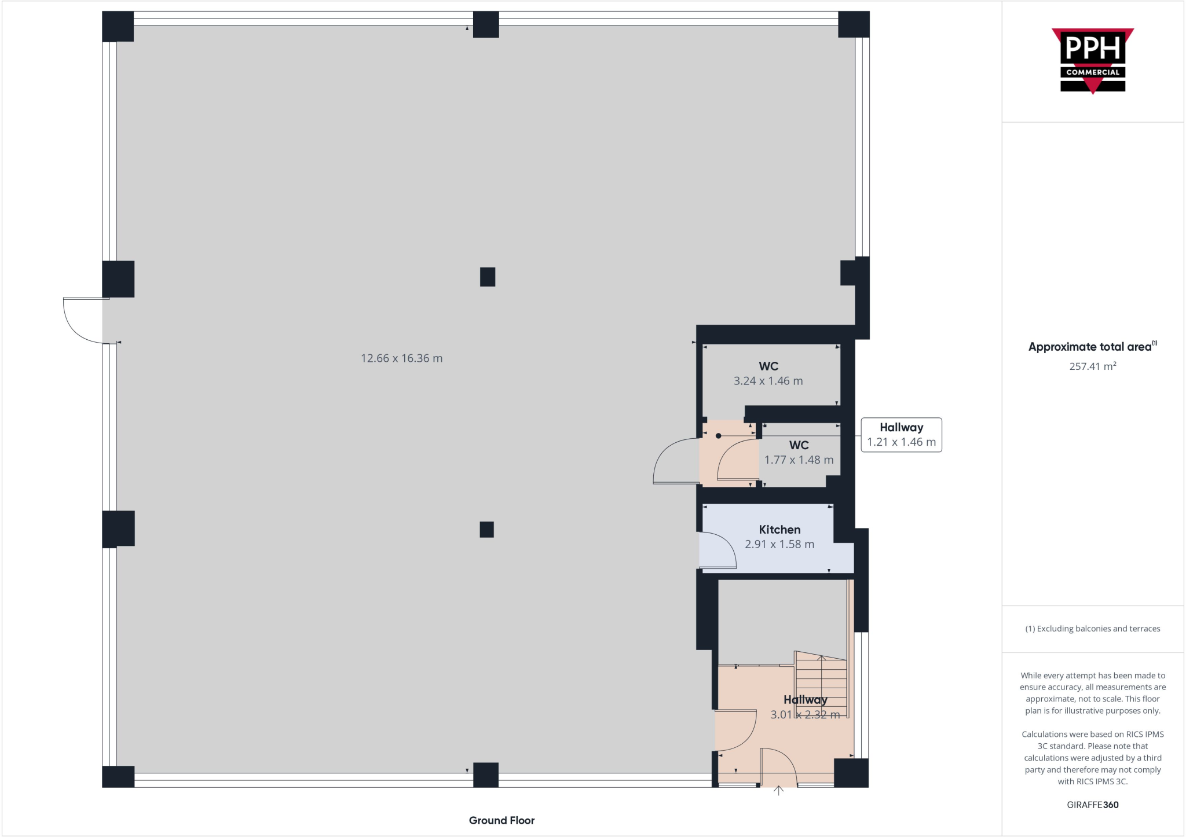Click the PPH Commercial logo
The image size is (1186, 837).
(x=1092, y=60)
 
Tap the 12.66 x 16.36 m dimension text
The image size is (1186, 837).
(x=401, y=358)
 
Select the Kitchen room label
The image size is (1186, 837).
(x=779, y=530)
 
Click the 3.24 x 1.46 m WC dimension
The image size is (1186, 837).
(x=768, y=381)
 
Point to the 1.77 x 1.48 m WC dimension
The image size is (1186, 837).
(x=799, y=460)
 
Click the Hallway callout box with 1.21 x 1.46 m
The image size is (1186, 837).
(x=901, y=435)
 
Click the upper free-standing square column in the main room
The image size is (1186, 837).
(x=488, y=277)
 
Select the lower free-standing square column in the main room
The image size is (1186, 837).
(x=486, y=529)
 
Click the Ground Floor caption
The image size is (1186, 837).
(x=502, y=820)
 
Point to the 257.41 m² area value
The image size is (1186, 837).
(x=1092, y=366)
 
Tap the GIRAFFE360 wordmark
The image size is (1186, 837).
(x=1092, y=805)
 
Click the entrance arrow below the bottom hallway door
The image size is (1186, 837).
(x=778, y=790)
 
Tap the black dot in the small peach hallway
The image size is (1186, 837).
(x=718, y=436)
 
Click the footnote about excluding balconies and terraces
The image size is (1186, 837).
(x=1092, y=629)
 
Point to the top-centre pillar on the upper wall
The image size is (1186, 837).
(x=486, y=24)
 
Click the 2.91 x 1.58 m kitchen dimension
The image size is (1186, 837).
(x=779, y=545)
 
